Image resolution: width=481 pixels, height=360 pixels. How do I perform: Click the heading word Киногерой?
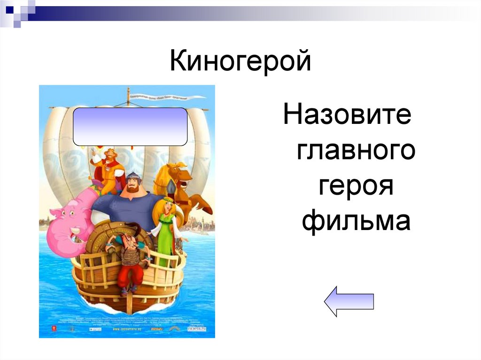tap(240, 62)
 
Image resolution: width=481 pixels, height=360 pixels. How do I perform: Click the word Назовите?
tap(347, 115)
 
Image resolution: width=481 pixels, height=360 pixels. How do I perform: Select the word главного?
tap(356, 151)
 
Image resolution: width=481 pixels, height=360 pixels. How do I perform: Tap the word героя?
tap(356, 186)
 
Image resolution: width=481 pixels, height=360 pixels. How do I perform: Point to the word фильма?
tap(356, 221)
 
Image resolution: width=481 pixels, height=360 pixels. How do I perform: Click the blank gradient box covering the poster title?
tap(130, 126)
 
